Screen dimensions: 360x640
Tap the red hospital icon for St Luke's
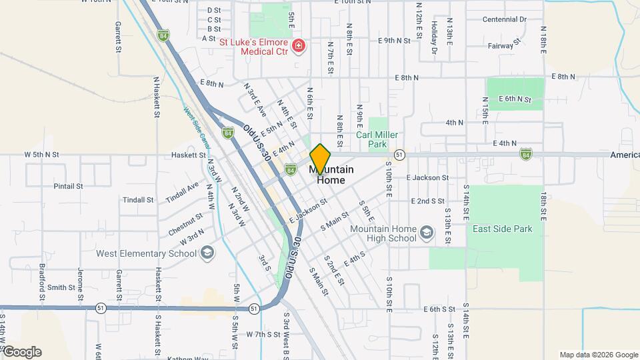click(299, 46)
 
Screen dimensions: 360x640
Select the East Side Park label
click(502, 229)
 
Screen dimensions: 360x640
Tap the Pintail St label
click(68, 186)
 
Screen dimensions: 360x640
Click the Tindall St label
click(139, 199)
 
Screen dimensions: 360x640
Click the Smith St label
click(61, 287)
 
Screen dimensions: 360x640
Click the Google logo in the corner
click(21, 352)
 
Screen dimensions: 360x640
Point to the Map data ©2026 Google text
click(598, 355)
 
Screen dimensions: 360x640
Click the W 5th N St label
click(42, 154)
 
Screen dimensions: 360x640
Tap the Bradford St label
click(42, 279)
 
